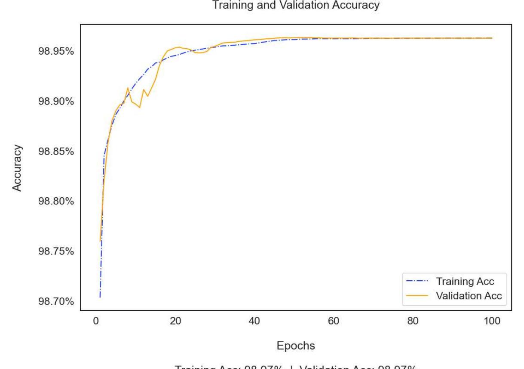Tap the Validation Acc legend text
(469, 296)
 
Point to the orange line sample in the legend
(417, 296)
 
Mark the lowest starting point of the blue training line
(100, 297)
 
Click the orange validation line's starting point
(100, 241)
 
